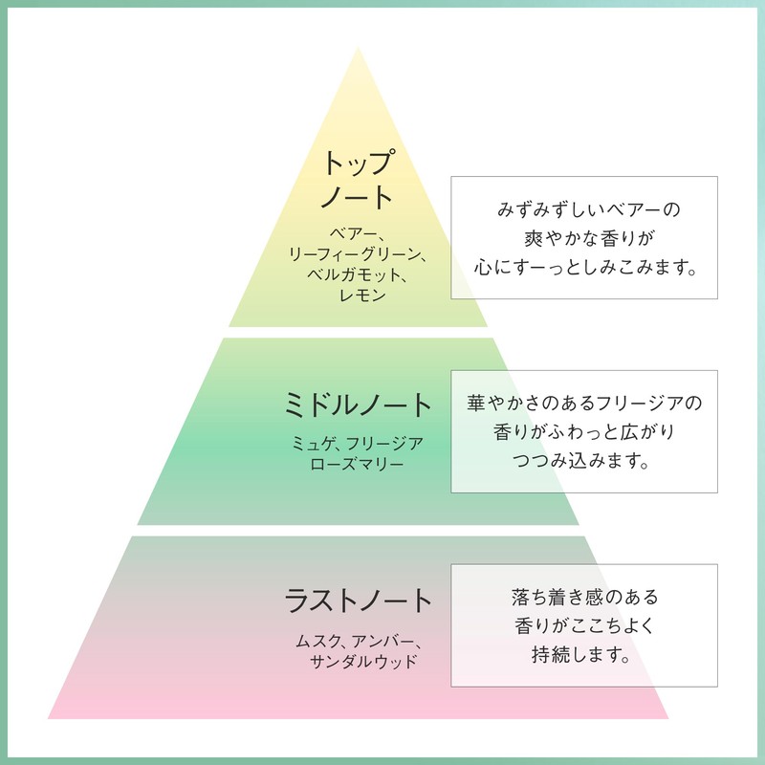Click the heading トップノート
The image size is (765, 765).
coord(358,180)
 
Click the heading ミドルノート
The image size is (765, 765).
coord(358,404)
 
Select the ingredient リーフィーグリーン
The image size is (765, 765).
coord(354,254)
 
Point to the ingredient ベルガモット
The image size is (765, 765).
coord(353,274)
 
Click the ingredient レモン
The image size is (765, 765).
coord(362,295)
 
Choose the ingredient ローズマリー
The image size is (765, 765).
coord(357,464)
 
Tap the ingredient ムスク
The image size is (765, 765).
coord(317,642)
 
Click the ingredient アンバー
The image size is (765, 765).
coord(383,642)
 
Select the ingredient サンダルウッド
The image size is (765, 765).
coord(363,662)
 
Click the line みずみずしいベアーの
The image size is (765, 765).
coord(588,209)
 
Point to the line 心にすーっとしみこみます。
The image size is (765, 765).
coord(584,267)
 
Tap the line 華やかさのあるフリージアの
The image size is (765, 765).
coord(584,403)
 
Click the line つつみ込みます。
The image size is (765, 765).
coord(580,461)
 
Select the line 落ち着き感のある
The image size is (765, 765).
coord(585,597)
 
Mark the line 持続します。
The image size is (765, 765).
coord(580,654)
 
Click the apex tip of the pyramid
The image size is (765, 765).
coord(358,48)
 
